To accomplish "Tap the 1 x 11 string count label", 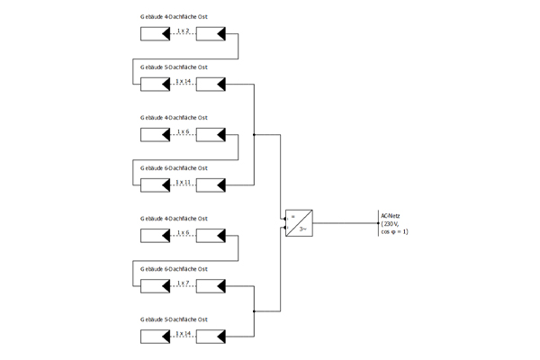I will [x=184, y=182].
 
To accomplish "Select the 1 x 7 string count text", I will [x=184, y=283].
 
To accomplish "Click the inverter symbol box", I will [x=299, y=222].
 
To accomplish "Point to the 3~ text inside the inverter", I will [x=303, y=229].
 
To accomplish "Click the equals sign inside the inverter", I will [x=292, y=216].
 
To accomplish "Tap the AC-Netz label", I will [x=390, y=216].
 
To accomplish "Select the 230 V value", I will [x=391, y=224].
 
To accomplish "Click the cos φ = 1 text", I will [x=394, y=232].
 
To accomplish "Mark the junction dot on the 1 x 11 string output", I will [x=256, y=135].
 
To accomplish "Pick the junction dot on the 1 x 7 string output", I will [x=256, y=311].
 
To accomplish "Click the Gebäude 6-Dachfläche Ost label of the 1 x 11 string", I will [x=175, y=167].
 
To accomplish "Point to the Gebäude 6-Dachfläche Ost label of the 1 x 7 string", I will [x=175, y=268].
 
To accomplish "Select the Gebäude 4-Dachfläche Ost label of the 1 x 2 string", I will [x=175, y=16].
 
